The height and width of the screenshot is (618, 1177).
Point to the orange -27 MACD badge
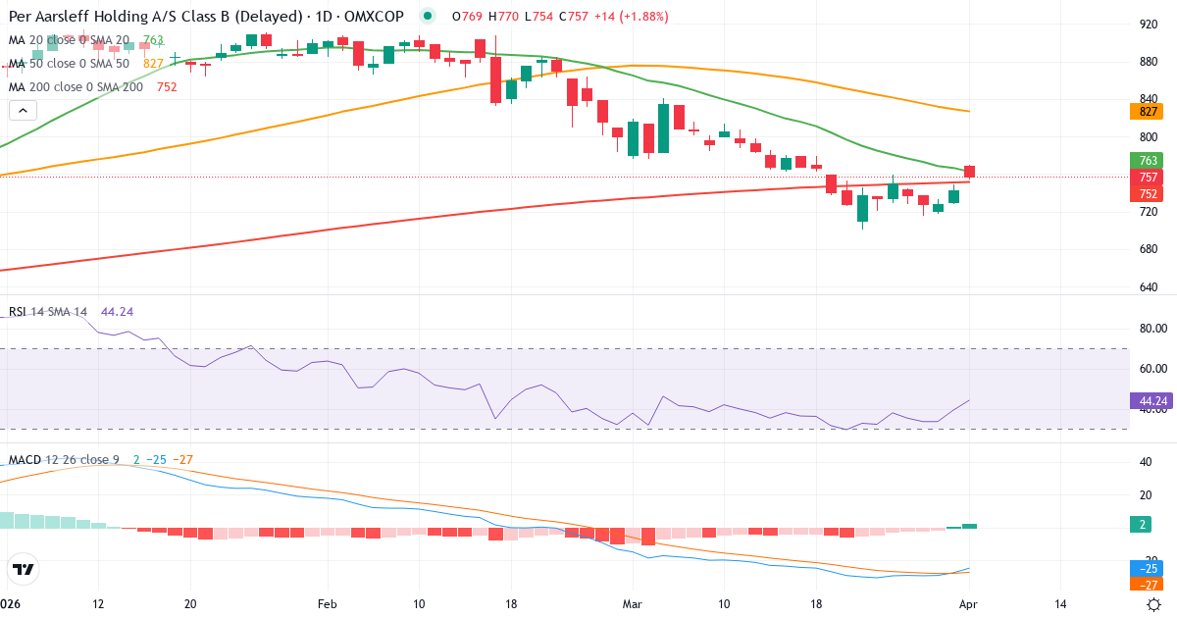1147,584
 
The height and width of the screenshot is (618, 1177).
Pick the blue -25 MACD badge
1147,568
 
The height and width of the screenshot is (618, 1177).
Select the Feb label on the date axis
327,603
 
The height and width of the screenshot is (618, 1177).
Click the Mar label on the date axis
633,603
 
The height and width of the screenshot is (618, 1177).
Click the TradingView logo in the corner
23,569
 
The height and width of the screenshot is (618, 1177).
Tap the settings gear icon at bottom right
1154,603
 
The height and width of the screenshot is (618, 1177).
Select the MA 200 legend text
77,86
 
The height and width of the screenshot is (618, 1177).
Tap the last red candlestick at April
970,173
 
